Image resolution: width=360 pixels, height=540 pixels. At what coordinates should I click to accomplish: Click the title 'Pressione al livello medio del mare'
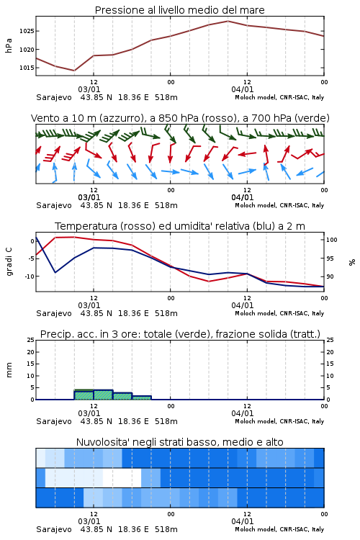click(180, 10)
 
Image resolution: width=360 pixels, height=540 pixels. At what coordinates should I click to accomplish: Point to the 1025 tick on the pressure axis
click(26, 32)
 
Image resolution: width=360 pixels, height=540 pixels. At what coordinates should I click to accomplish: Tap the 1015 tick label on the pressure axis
click(26, 68)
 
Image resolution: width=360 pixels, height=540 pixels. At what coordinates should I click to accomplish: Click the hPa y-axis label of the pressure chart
click(9, 45)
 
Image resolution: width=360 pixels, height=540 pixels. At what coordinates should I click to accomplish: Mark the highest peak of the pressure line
click(228, 21)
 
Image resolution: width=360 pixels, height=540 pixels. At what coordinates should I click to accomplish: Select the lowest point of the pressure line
click(74, 71)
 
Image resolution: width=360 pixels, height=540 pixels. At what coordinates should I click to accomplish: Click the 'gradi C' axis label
click(9, 262)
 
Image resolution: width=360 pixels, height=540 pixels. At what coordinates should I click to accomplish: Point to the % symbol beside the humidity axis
click(352, 262)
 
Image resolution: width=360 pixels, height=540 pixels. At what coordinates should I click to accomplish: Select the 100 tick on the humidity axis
click(332, 240)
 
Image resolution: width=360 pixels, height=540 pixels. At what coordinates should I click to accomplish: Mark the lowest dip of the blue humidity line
click(55, 272)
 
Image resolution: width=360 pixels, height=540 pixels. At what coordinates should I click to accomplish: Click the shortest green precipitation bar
click(142, 397)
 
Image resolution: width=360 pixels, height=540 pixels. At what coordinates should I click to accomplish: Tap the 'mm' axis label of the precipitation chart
click(9, 370)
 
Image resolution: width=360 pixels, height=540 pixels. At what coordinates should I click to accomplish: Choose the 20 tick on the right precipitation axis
click(330, 352)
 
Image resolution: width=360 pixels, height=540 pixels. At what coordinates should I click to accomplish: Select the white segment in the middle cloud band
click(122, 477)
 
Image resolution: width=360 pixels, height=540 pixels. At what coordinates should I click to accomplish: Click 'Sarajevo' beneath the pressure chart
click(54, 97)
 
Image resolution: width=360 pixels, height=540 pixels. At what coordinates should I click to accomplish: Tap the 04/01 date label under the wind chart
click(243, 197)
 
